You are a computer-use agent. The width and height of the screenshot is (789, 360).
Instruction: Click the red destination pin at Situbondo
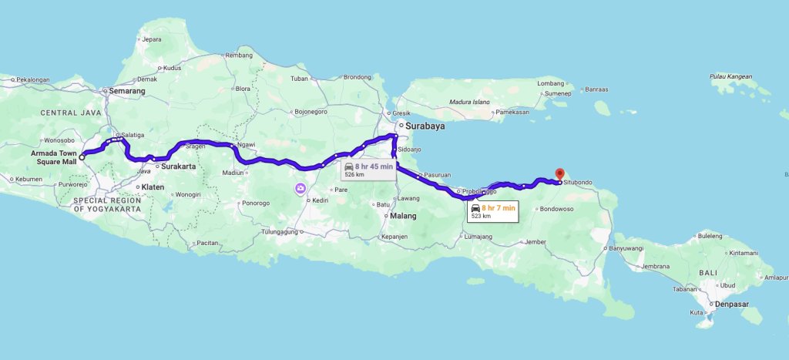pos(559,174)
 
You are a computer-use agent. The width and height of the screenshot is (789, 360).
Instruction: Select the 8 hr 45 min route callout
pos(368,170)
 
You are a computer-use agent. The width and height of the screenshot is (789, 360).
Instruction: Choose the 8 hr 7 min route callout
pos(494,211)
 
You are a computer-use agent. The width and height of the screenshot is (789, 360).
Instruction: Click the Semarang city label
pos(127,91)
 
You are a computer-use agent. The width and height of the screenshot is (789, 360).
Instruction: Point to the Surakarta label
pos(178,166)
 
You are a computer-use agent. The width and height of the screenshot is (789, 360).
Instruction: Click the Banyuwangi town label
pos(625,248)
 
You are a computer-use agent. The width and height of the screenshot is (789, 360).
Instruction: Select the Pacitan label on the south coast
pos(208,243)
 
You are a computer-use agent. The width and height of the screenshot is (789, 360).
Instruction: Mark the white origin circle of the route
pos(82,157)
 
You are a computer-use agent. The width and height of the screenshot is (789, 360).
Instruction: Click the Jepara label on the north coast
pos(151,39)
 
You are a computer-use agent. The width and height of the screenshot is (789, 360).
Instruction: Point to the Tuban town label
pos(299,79)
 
